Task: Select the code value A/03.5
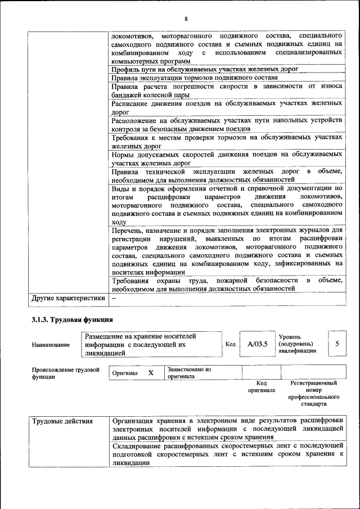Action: (x=254, y=344)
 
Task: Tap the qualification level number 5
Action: (x=337, y=343)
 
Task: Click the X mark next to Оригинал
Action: (x=151, y=372)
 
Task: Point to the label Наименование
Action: (x=51, y=345)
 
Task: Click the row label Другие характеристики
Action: (x=68, y=298)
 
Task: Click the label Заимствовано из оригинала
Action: (x=188, y=373)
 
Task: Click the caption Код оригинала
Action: (x=261, y=386)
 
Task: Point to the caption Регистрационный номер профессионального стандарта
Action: (x=313, y=393)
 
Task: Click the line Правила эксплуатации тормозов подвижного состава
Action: (x=194, y=77)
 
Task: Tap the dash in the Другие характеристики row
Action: (x=114, y=298)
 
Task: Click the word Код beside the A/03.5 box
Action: (x=230, y=344)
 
